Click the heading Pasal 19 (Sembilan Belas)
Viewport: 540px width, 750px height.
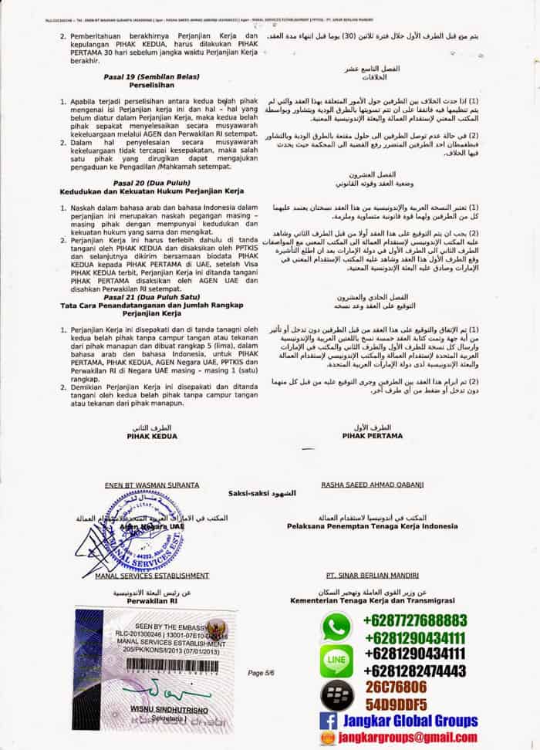click(147, 77)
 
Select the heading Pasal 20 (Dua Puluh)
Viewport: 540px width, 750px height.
click(147, 182)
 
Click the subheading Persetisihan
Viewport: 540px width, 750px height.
click(147, 86)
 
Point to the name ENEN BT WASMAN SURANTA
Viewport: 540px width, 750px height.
click(151, 485)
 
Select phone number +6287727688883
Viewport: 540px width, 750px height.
click(414, 620)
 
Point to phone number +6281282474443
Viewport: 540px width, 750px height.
click(414, 670)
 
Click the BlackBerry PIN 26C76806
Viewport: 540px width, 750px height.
click(396, 687)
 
